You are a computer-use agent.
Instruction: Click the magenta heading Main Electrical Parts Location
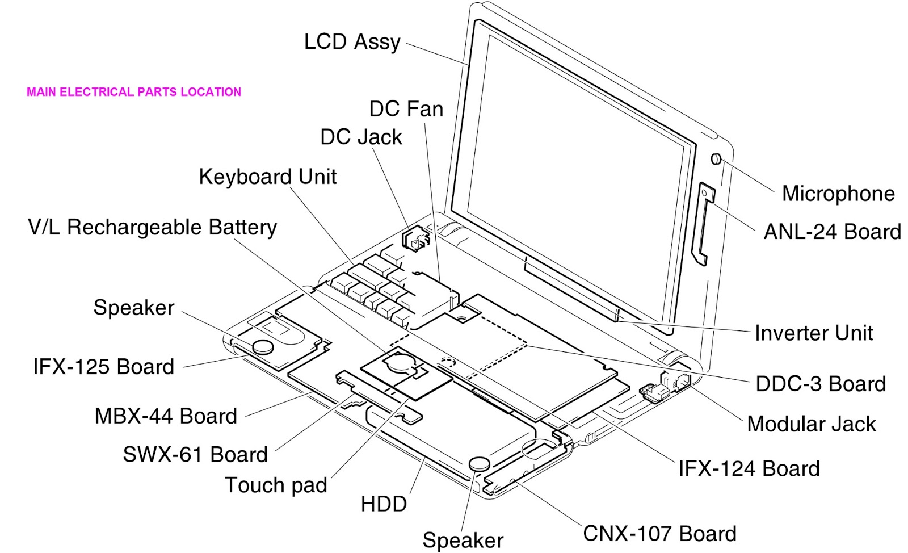pyautogui.click(x=134, y=92)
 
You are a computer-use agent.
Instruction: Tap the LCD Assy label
pyautogui.click(x=352, y=42)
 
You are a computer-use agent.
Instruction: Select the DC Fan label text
pyautogui.click(x=406, y=108)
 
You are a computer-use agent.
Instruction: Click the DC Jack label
pyautogui.click(x=361, y=137)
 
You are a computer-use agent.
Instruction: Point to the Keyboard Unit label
pyautogui.click(x=267, y=177)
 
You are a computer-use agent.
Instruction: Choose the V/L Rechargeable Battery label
pyautogui.click(x=152, y=227)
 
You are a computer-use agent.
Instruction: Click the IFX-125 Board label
pyautogui.click(x=103, y=367)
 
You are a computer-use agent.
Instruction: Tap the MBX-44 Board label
pyautogui.click(x=166, y=416)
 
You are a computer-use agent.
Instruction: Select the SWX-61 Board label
pyautogui.click(x=195, y=455)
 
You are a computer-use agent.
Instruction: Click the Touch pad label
pyautogui.click(x=276, y=485)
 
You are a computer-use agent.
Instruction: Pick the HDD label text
pyautogui.click(x=384, y=504)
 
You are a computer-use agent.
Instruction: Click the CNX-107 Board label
pyautogui.click(x=659, y=534)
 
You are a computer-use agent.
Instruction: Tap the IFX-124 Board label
pyautogui.click(x=749, y=468)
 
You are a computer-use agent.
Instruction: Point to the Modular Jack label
pyautogui.click(x=811, y=424)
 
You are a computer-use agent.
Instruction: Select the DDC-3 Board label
pyautogui.click(x=821, y=384)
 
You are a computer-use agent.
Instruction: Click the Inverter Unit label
pyautogui.click(x=813, y=333)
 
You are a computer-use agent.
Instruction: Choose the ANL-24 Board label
pyautogui.click(x=832, y=232)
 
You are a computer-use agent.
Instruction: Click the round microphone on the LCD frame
pyautogui.click(x=716, y=158)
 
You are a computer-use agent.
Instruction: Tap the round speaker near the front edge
pyautogui.click(x=478, y=463)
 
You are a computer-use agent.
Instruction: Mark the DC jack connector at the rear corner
pyautogui.click(x=414, y=239)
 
